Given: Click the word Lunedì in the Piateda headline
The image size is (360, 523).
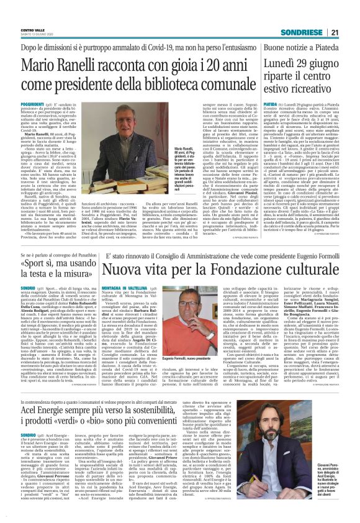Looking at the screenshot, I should click(281, 64).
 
